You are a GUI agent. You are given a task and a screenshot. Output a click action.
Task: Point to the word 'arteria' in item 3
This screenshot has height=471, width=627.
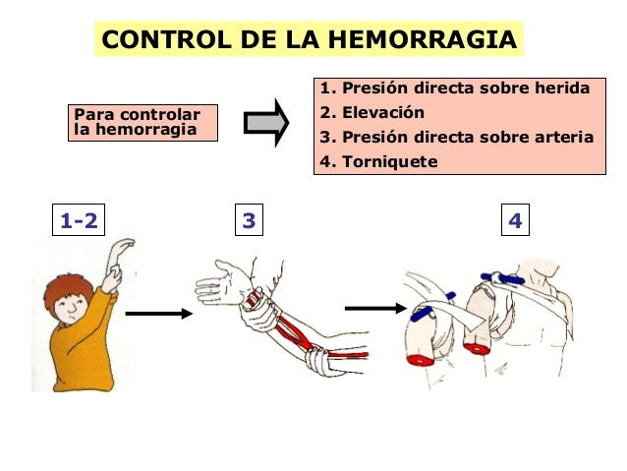565,137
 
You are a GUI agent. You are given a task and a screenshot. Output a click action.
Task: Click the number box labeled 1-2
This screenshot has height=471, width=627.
79,222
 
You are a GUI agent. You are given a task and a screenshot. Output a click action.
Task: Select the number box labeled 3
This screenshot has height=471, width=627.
249,222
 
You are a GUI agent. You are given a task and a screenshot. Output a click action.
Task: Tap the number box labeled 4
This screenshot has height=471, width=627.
514,222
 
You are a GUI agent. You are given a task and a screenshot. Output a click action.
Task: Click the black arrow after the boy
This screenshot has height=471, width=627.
159,314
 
